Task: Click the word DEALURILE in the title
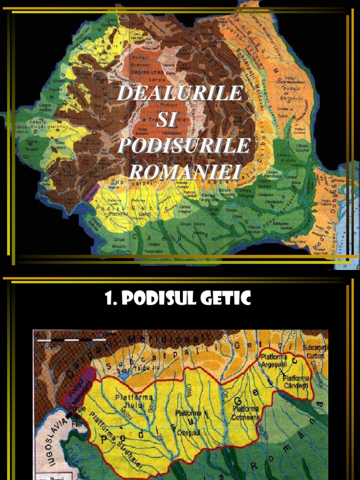click(180, 93)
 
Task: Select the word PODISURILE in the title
click(183, 146)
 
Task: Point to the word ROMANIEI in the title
click(185, 171)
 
